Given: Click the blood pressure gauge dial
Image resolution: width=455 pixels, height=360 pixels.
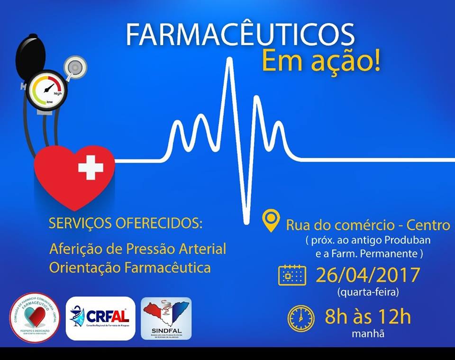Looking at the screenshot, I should (49, 89).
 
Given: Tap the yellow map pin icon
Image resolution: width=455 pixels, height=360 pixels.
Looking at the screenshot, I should (272, 221).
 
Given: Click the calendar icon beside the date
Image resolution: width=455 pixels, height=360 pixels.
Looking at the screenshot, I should (292, 275).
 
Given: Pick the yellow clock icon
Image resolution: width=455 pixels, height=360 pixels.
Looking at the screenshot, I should (300, 318).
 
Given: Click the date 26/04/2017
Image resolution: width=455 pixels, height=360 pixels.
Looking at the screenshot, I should (368, 275).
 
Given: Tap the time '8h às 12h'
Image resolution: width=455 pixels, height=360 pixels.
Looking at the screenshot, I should (367, 317).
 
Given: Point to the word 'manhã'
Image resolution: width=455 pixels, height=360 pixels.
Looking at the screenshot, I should (368, 333).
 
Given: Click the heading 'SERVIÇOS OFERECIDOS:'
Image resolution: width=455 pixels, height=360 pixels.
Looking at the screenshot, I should (125, 223).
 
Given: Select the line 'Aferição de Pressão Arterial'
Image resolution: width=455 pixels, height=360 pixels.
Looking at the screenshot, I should (137, 248).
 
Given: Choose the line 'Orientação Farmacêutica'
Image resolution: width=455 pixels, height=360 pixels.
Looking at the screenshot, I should (130, 268).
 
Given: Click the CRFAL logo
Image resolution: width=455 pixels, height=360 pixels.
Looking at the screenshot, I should (100, 318).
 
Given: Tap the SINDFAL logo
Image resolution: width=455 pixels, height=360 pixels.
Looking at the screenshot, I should (166, 318).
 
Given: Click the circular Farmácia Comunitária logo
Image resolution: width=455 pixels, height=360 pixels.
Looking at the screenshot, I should (35, 318).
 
